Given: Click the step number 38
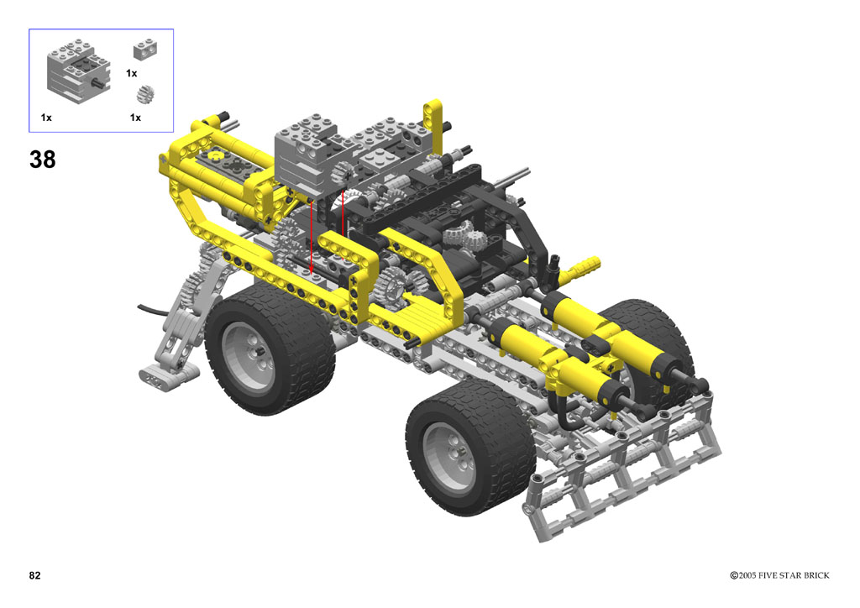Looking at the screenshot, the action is tap(42, 160).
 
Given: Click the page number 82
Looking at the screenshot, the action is tap(34, 575).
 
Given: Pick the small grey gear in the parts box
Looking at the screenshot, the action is tap(144, 94).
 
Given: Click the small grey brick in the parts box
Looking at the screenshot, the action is tap(145, 50).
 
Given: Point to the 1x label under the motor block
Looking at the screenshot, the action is tap(46, 118).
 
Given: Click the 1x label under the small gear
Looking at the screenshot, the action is tap(135, 118).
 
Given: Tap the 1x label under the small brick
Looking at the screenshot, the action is tap(132, 73).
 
